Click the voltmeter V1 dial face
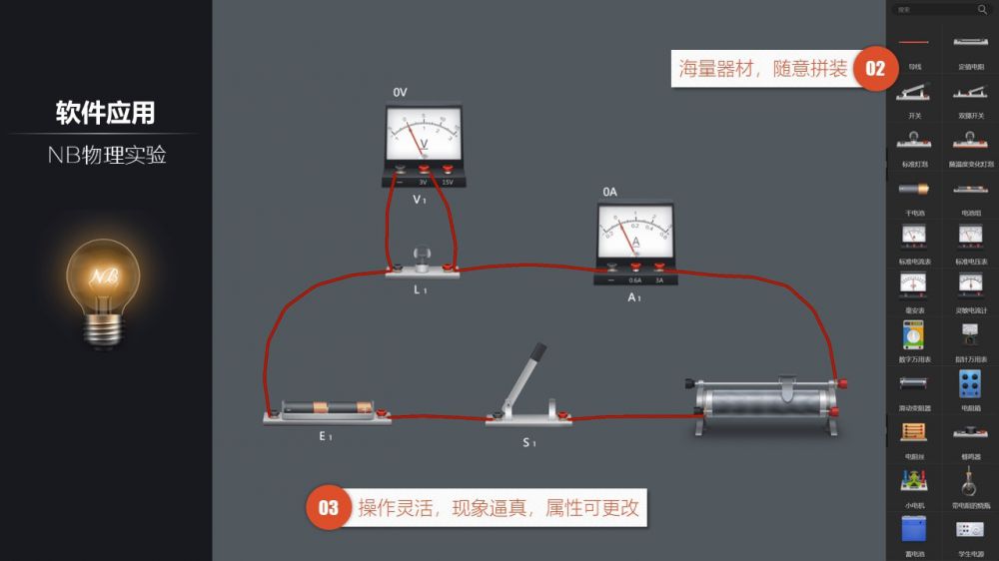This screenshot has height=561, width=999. [x=425, y=133]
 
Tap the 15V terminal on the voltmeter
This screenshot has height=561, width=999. [x=448, y=170]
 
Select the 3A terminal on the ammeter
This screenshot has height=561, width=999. [x=660, y=268]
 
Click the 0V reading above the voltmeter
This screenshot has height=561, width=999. [x=401, y=92]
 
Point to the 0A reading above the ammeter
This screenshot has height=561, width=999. [x=610, y=192]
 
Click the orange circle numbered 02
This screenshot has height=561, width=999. [x=875, y=69]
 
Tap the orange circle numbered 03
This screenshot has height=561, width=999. [x=329, y=508]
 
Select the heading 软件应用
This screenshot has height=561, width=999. [x=105, y=113]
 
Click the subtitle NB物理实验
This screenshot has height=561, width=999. [x=106, y=155]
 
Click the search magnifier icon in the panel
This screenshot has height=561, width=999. [x=981, y=10]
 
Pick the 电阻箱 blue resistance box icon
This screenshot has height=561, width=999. [x=970, y=384]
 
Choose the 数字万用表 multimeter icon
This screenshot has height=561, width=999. [x=914, y=335]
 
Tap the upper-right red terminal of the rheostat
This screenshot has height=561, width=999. [x=845, y=383]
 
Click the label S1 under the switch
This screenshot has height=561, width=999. [x=529, y=442]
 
